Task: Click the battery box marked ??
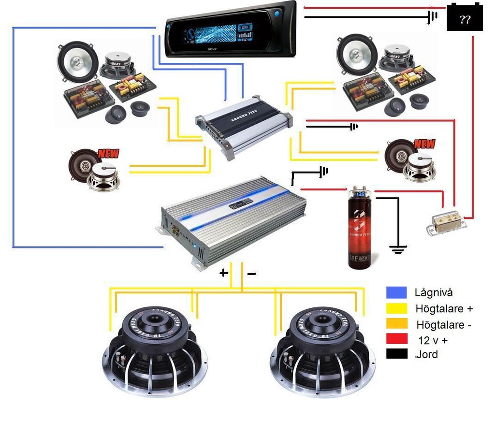pos(465,18)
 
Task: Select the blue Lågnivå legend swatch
pos(396,292)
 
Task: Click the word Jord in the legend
pos(427,354)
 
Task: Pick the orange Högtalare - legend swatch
pos(396,324)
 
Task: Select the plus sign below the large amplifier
pos(224,273)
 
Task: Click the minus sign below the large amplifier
pos(251,274)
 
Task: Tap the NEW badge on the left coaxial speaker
pos(108,154)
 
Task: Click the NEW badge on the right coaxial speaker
pos(424,144)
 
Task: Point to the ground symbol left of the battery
pos(432,17)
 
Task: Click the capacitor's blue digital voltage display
pos(360,194)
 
